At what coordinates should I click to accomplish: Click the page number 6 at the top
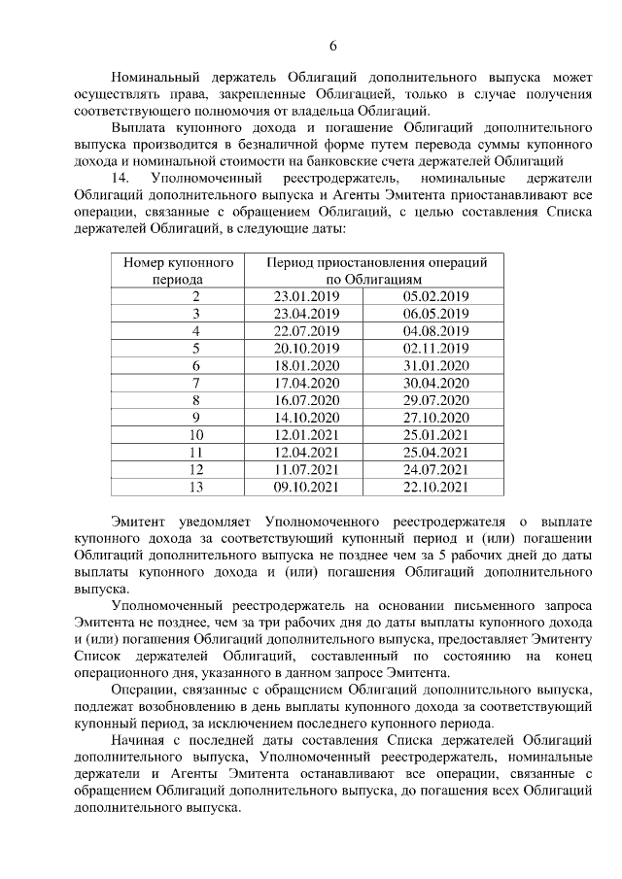coord(332,45)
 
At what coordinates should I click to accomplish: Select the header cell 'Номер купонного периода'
coord(179,270)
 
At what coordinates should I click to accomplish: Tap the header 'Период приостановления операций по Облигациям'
coord(377,270)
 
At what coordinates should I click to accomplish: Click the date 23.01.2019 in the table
coord(306,296)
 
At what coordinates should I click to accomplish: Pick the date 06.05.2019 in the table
coord(435,314)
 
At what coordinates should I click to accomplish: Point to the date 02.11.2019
coord(435,348)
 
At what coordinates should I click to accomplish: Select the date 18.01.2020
coord(306,365)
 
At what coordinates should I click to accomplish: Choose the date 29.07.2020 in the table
coord(435,400)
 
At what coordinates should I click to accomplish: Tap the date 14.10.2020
coord(306,418)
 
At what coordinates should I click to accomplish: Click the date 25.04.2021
coord(435,453)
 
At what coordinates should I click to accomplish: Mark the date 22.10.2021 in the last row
coord(435,488)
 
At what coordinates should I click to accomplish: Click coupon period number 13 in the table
coord(196,488)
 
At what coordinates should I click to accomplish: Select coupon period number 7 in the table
coord(196,383)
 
